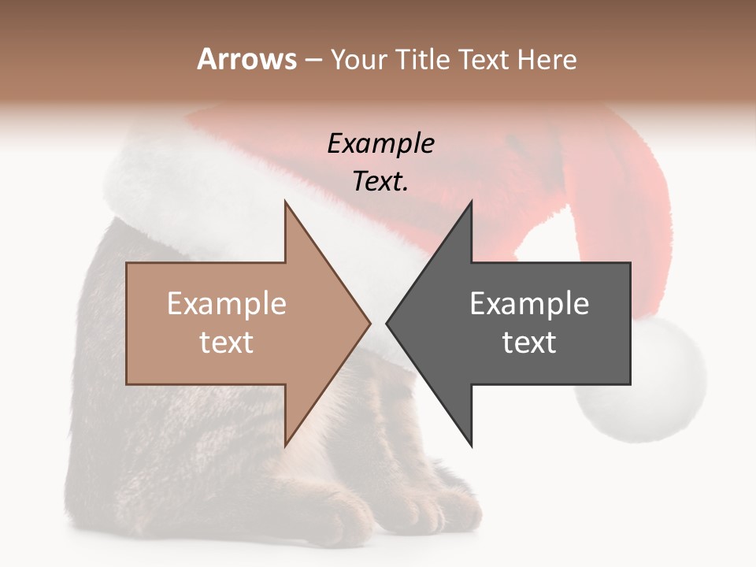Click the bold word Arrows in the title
pyautogui.click(x=246, y=59)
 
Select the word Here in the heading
pyautogui.click(x=547, y=60)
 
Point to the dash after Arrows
pyautogui.click(x=313, y=61)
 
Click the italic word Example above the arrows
pyautogui.click(x=380, y=144)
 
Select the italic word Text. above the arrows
pyautogui.click(x=380, y=182)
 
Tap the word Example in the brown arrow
pyautogui.click(x=226, y=304)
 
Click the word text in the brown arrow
pyautogui.click(x=226, y=343)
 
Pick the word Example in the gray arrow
pyautogui.click(x=529, y=304)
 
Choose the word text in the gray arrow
pyautogui.click(x=529, y=343)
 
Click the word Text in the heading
pyautogui.click(x=487, y=60)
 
